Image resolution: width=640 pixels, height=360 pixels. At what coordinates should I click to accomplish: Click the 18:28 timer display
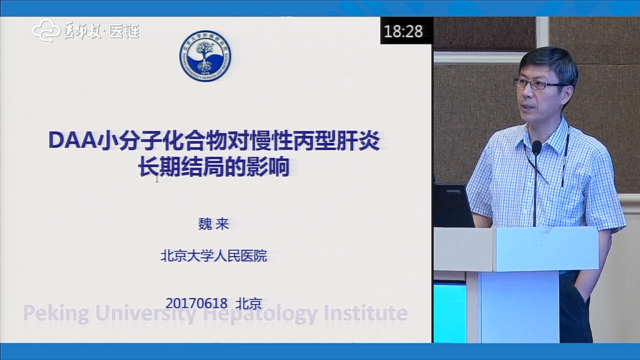coord(403,31)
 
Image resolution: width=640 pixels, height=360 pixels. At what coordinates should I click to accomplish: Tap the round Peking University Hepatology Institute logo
coord(205,56)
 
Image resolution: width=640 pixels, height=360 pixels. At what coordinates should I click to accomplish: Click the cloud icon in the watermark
coord(46,31)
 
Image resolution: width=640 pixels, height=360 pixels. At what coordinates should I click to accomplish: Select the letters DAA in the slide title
coord(73,140)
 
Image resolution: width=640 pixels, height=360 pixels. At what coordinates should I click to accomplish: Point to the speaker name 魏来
coord(214,224)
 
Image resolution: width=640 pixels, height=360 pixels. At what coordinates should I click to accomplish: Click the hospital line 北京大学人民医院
coord(214,256)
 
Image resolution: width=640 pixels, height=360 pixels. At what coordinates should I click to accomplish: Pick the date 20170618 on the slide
coord(196,303)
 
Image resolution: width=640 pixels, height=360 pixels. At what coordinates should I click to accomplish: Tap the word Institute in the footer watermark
coord(366,313)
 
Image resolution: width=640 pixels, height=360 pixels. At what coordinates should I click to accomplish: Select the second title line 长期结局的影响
coord(214,167)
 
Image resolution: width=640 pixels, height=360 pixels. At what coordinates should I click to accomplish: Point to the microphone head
coord(537,147)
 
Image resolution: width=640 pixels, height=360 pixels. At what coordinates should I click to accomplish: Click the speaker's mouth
coord(528,107)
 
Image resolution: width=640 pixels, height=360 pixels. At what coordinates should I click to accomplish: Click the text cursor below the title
coord(157,179)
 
